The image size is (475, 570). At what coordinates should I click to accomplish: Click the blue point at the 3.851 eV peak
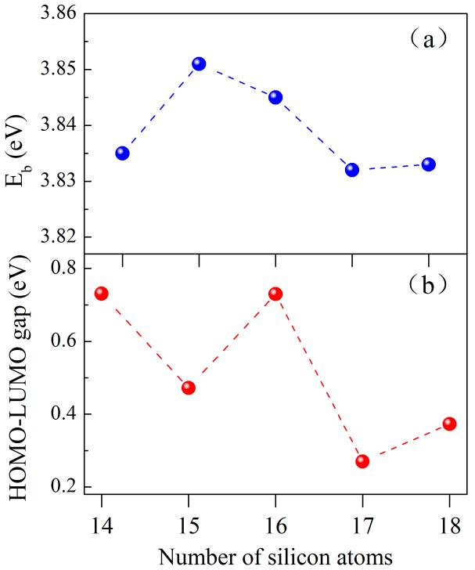pos(199,63)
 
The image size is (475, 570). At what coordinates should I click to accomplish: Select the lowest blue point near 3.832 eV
pos(352,169)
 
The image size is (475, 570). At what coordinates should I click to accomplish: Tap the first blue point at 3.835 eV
pos(122,153)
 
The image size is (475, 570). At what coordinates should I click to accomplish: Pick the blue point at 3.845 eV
pos(275,97)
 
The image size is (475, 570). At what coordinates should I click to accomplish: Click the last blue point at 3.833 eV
pos(429,164)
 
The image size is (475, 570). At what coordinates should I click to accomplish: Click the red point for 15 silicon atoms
pos(189,388)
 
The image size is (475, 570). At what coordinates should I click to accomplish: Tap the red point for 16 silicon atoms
pos(275,294)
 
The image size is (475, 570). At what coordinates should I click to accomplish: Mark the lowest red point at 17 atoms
pos(362,461)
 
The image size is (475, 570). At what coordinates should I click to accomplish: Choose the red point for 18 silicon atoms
pos(449,424)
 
